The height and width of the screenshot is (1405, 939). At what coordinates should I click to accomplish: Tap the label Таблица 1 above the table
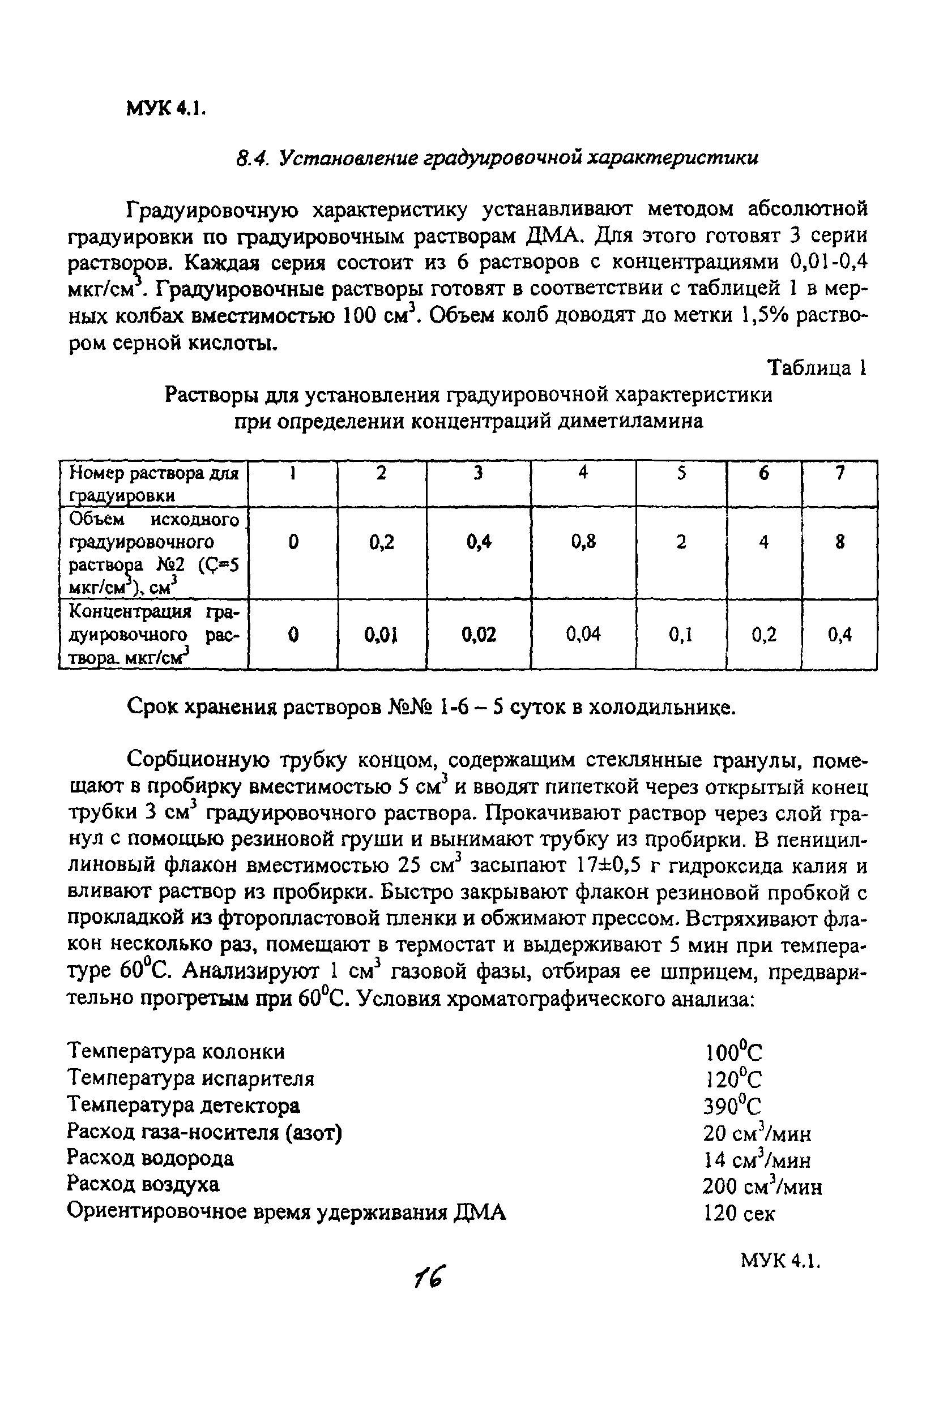pyautogui.click(x=817, y=367)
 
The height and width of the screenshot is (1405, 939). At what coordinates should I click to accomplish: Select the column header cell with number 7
pyautogui.click(x=839, y=473)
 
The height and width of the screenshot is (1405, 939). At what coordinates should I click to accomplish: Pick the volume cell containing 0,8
pyautogui.click(x=583, y=542)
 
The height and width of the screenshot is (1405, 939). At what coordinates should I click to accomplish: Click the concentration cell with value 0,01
pyautogui.click(x=382, y=634)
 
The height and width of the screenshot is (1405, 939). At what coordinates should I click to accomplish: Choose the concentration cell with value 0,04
pyautogui.click(x=583, y=634)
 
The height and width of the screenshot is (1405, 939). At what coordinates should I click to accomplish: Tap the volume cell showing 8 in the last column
pyautogui.click(x=839, y=542)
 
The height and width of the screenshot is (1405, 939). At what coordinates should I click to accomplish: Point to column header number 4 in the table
pyautogui.click(x=583, y=473)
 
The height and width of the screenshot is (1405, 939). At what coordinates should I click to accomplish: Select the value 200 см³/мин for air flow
pyautogui.click(x=762, y=1185)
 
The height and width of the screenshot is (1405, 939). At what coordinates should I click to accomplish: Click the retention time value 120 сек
pyautogui.click(x=739, y=1213)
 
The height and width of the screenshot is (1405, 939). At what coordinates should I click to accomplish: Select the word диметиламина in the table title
pyautogui.click(x=630, y=421)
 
